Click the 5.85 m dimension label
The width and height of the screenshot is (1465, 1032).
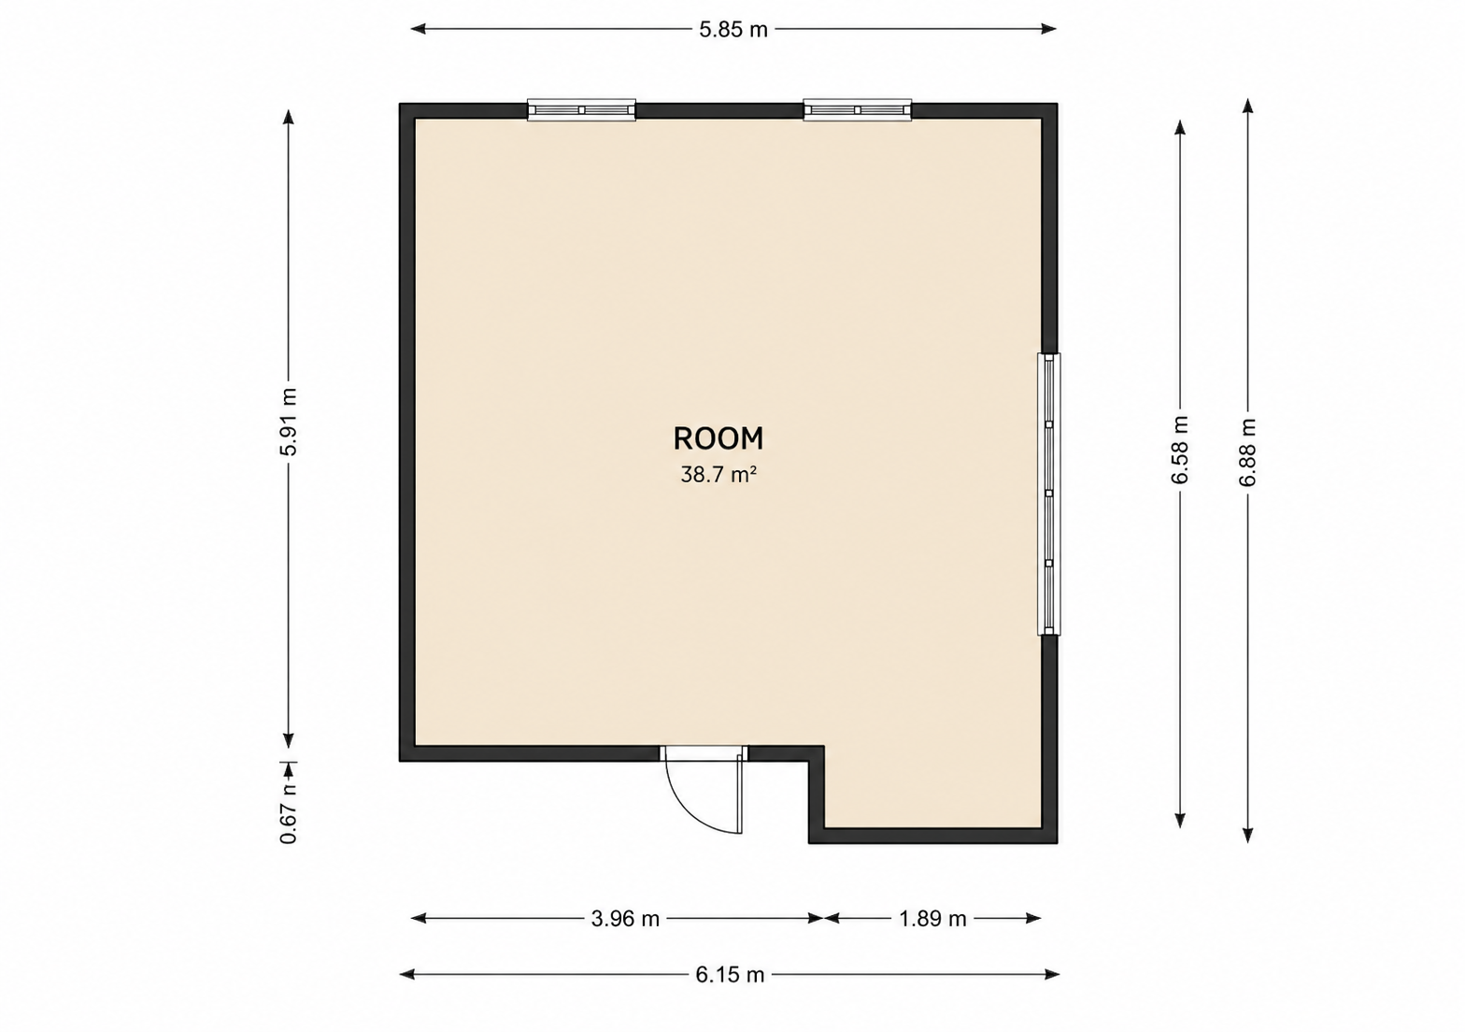click(733, 30)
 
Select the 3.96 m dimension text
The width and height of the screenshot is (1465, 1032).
click(625, 919)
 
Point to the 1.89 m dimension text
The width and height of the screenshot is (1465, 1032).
click(932, 919)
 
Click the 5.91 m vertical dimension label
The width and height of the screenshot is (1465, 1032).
click(289, 422)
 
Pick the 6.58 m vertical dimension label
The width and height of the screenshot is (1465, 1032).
click(1179, 450)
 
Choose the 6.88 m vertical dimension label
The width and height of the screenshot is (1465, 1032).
click(1248, 452)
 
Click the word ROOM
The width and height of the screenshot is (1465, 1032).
click(718, 438)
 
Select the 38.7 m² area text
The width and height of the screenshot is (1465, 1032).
click(718, 475)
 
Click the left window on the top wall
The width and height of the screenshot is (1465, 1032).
click(581, 110)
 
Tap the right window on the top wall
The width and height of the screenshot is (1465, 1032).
click(858, 110)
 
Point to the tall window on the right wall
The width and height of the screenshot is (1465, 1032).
click(1049, 494)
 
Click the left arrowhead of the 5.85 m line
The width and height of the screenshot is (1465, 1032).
click(418, 29)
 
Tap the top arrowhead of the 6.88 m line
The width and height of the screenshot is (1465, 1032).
click(1248, 106)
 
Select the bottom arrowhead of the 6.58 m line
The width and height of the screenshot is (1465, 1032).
click(1180, 821)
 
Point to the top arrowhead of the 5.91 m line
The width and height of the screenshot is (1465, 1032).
click(289, 117)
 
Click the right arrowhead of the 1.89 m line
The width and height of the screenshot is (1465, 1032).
click(1033, 918)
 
